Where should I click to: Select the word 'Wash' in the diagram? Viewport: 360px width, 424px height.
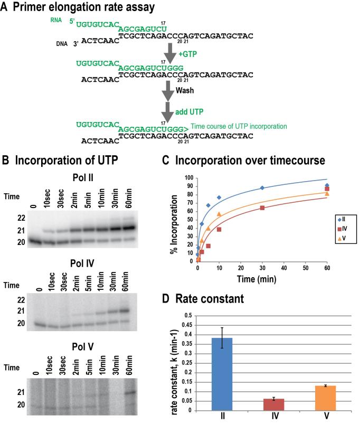point(184,91)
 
